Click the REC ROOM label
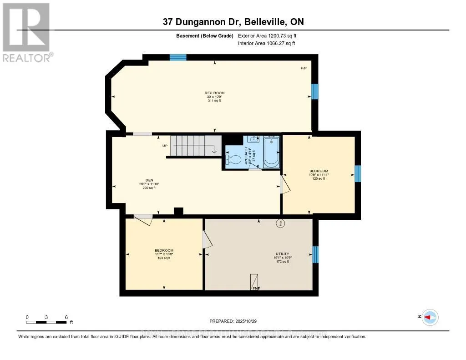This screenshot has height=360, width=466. pyautogui.click(x=214, y=93)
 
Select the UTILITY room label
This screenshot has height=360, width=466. pyautogui.click(x=282, y=254)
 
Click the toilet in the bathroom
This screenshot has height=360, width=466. pyautogui.click(x=234, y=160)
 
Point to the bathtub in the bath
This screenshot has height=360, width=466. pyautogui.click(x=272, y=152)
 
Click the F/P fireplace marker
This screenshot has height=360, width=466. pyautogui.click(x=304, y=68)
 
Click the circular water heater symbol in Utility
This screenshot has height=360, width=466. pyautogui.click(x=280, y=223)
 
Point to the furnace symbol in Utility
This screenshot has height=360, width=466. pyautogui.click(x=254, y=282)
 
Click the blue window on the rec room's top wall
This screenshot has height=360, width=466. pyautogui.click(x=178, y=57)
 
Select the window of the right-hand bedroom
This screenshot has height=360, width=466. pyautogui.click(x=358, y=173)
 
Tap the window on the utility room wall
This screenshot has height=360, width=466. pyautogui.click(x=315, y=254)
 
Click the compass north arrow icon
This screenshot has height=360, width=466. pyautogui.click(x=430, y=317)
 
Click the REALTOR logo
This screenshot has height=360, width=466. pyautogui.click(x=26, y=32)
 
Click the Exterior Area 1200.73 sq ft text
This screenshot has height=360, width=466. pyautogui.click(x=267, y=35)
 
